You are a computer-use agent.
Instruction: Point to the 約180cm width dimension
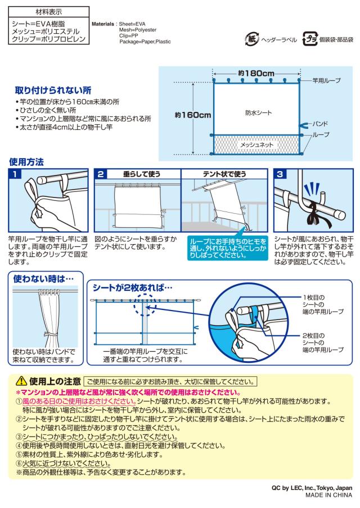pyautogui.click(x=256, y=73)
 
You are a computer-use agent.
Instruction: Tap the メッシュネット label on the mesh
pyautogui.click(x=256, y=145)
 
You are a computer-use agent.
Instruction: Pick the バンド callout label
pyautogui.click(x=320, y=123)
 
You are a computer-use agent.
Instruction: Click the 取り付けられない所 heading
pyautogui.click(x=53, y=91)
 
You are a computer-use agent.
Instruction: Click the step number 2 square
pyautogui.click(x=101, y=175)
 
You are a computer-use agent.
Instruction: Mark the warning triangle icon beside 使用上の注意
pyautogui.click(x=21, y=380)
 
